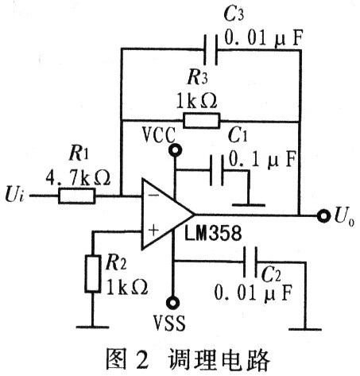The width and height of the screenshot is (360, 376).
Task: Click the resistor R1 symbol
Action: (x=76, y=196)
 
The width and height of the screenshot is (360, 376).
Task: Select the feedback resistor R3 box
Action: (x=201, y=121)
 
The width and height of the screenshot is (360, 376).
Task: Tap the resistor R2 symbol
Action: (x=93, y=273)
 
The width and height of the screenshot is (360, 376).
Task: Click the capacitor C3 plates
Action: (x=211, y=49)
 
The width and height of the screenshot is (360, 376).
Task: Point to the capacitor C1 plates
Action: (x=217, y=170)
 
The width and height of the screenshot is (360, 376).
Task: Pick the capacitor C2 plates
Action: (x=250, y=262)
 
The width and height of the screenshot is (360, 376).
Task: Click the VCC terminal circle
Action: (x=175, y=150)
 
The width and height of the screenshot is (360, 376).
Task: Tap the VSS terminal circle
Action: (x=172, y=303)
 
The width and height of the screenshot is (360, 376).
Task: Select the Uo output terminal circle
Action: (x=323, y=216)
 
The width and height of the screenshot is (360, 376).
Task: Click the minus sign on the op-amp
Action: (x=153, y=196)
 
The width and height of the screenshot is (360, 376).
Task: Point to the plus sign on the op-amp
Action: (x=153, y=231)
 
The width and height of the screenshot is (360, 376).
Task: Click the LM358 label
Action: (x=213, y=233)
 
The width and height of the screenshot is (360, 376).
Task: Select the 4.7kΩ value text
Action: (x=78, y=177)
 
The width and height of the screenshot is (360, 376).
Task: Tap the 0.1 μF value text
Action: (x=262, y=160)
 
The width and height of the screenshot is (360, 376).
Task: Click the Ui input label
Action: (x=15, y=195)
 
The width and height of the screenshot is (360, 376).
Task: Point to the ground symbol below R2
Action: (x=93, y=327)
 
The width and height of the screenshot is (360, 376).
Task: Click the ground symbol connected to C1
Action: (x=249, y=205)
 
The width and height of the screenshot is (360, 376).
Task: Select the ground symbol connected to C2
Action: (x=305, y=329)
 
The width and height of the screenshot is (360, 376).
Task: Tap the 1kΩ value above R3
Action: (x=196, y=101)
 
